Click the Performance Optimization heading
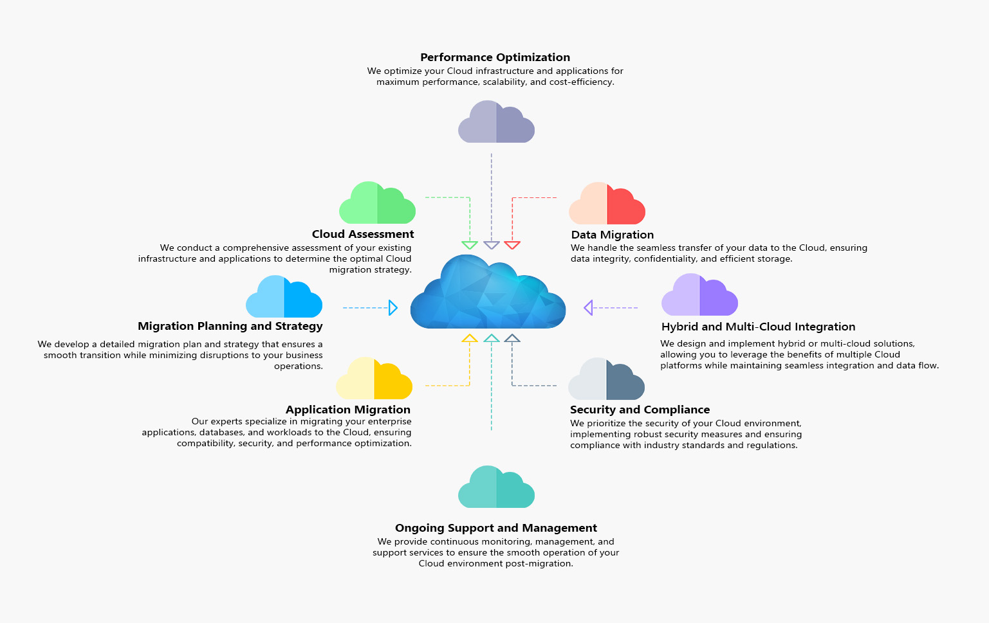(x=495, y=57)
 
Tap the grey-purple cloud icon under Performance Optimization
(x=496, y=122)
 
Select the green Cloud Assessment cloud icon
(x=377, y=203)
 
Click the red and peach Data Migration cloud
(x=607, y=203)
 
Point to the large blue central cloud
(x=488, y=292)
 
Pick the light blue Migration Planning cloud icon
(x=284, y=296)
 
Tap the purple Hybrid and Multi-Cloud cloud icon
(x=699, y=294)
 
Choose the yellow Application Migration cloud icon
(x=374, y=378)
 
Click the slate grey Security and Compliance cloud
(x=606, y=379)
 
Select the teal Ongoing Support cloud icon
(x=496, y=487)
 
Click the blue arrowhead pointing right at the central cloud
(x=393, y=307)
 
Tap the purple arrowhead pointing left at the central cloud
(x=588, y=307)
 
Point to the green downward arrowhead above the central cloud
(x=469, y=245)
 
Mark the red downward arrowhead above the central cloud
(x=512, y=245)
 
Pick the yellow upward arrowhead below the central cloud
(x=469, y=338)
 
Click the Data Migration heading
(x=613, y=235)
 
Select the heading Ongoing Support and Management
(x=496, y=528)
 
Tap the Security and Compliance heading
(x=640, y=410)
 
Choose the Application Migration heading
(x=348, y=410)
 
